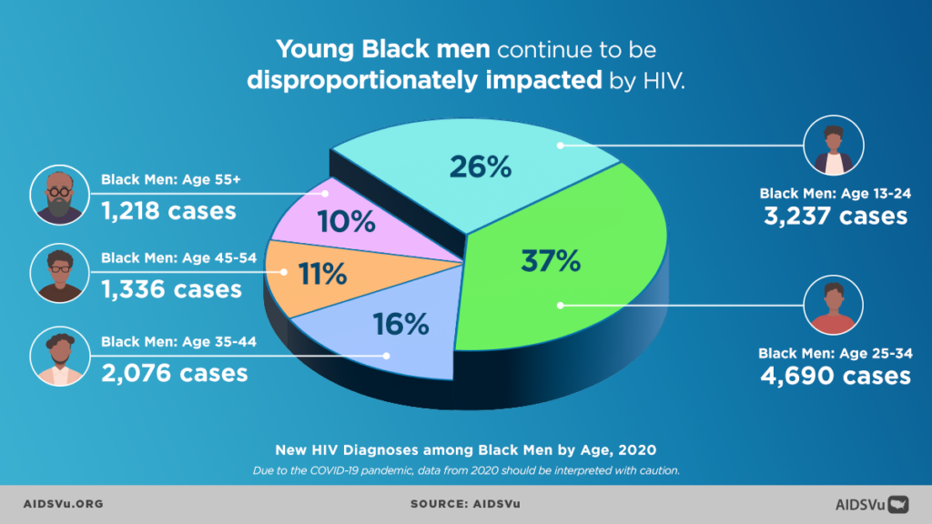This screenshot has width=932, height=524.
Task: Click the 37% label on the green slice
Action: [x=550, y=261]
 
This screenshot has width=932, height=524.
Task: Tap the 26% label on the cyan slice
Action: [x=481, y=166]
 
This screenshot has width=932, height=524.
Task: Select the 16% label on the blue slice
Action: [x=400, y=323]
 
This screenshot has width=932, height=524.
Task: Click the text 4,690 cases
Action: [x=835, y=375]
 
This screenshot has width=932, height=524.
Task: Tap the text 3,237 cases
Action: [x=835, y=216]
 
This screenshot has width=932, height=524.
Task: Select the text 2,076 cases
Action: [x=175, y=372]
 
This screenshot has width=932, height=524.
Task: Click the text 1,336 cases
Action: [x=171, y=289]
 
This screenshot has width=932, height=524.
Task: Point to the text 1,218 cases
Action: [x=168, y=211]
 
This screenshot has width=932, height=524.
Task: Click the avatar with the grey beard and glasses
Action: [x=60, y=195]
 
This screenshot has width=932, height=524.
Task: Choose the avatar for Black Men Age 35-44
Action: [x=60, y=358]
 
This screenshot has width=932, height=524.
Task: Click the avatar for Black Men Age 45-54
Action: [x=60, y=274]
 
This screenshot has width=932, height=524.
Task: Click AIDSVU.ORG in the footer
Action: [x=63, y=503]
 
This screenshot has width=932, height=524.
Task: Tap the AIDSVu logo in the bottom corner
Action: [x=872, y=503]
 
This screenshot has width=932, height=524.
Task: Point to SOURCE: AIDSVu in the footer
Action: [x=465, y=503]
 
